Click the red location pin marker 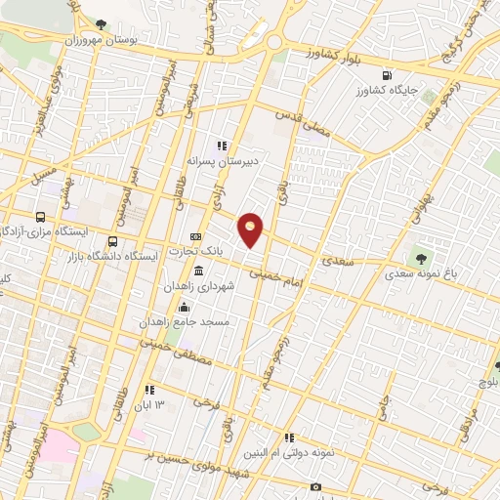tap(251, 229)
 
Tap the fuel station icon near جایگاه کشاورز tap(388, 74)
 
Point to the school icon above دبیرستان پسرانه tap(222, 145)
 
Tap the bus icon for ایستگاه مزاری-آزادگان tap(40, 217)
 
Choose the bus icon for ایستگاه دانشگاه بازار tap(113, 241)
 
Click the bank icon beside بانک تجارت tap(196, 236)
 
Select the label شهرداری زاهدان tap(229, 287)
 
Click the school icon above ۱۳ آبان tap(149, 390)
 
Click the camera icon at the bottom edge tap(314, 486)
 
